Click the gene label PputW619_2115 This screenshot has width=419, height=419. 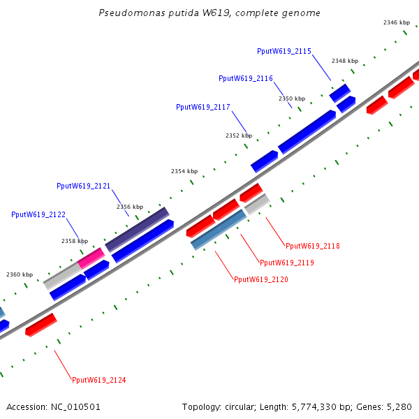[x=284, y=51]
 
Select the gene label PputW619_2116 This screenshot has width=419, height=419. [x=246, y=78]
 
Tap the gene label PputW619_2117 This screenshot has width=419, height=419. [x=203, y=107]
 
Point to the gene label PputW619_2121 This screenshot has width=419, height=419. [x=84, y=186]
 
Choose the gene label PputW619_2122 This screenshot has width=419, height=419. [x=38, y=214]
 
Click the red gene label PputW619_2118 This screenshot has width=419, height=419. [x=313, y=246]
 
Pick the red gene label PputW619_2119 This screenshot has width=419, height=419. [x=287, y=263]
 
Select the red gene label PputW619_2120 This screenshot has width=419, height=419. [x=261, y=279]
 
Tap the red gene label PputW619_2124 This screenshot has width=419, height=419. [x=99, y=380]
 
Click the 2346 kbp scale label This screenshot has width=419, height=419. [x=396, y=22]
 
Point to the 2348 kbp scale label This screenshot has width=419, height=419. [x=345, y=61]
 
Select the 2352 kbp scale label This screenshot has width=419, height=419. [x=239, y=135]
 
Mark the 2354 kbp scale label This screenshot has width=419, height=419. [x=184, y=171]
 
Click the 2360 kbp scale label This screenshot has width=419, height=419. [x=20, y=274]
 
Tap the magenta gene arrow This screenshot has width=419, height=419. [x=91, y=258]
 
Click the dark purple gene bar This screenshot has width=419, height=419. [x=137, y=228]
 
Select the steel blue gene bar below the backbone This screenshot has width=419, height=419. [x=219, y=229]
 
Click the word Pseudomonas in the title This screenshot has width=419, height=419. [x=125, y=13]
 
